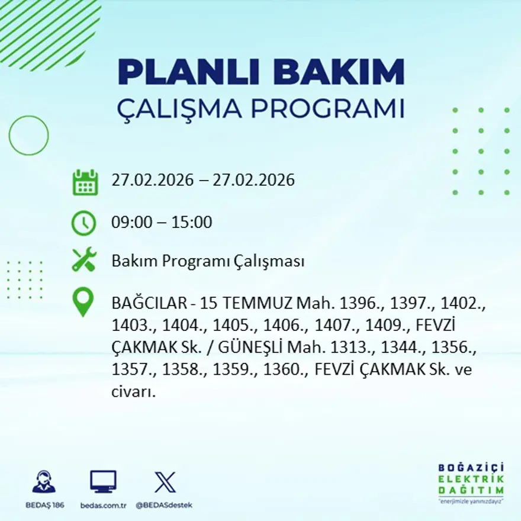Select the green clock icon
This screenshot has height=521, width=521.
click(x=83, y=223)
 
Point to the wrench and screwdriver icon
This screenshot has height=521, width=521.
click(x=83, y=260)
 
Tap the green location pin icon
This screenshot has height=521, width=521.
click(x=83, y=302)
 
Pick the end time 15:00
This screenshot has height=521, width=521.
click(x=192, y=223)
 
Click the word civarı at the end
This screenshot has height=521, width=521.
click(x=133, y=392)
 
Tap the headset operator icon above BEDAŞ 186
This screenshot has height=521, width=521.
click(x=44, y=482)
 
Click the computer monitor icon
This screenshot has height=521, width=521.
click(x=103, y=482)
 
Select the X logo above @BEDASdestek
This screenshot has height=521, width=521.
click(x=165, y=482)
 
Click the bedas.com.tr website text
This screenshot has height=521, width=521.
click(x=104, y=505)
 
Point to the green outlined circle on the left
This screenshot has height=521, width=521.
click(x=28, y=136)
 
